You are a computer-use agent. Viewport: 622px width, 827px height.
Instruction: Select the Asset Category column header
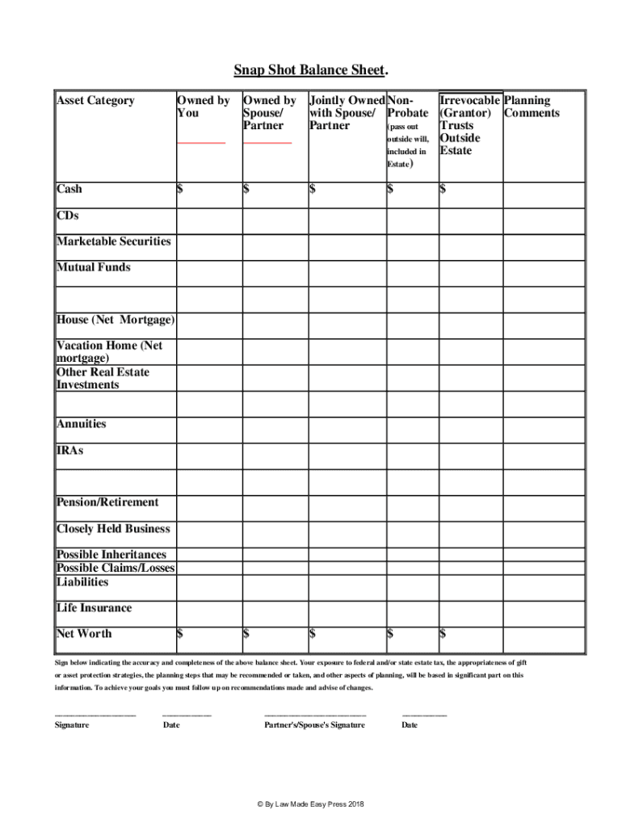(x=95, y=101)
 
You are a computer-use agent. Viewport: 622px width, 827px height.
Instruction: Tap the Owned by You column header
(x=203, y=107)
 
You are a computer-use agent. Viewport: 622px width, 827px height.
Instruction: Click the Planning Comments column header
(x=532, y=107)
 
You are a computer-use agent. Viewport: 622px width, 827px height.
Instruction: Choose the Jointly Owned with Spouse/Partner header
(x=347, y=113)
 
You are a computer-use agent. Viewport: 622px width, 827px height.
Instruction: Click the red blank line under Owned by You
(x=201, y=143)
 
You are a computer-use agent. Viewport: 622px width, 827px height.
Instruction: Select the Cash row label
(x=69, y=189)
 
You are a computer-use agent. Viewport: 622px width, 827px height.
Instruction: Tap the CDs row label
(x=68, y=216)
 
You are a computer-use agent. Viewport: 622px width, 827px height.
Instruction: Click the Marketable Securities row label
(x=113, y=241)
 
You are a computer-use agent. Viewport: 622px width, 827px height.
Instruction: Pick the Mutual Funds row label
(x=93, y=267)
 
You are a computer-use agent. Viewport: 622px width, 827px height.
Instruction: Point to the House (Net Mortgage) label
(x=115, y=320)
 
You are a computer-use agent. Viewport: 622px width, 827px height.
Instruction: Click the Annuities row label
(x=81, y=424)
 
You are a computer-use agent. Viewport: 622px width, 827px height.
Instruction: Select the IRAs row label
(x=69, y=450)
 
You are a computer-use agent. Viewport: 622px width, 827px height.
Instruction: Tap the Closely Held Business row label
(x=113, y=529)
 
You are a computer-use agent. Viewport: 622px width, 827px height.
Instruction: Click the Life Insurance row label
(x=94, y=608)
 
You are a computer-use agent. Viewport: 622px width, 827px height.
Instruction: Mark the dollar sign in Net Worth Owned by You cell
(x=180, y=634)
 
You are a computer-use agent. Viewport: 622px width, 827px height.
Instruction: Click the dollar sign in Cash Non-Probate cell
(x=390, y=189)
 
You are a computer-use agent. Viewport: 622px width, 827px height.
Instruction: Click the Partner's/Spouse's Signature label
(x=314, y=724)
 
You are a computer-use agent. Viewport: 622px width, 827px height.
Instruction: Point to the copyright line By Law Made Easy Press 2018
(x=311, y=804)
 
